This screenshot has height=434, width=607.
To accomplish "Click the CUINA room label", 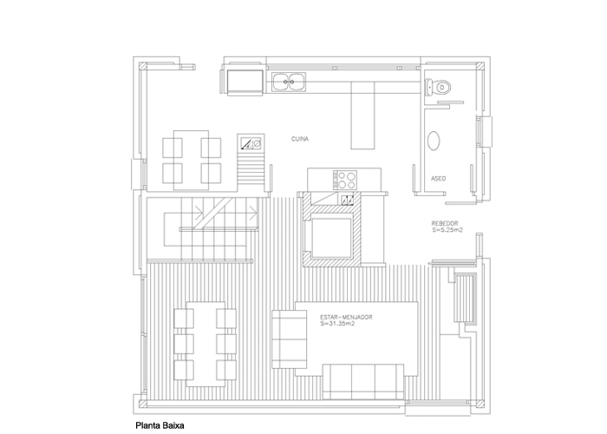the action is click(x=300, y=139).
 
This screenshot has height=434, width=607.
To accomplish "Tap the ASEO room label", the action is click(x=438, y=178).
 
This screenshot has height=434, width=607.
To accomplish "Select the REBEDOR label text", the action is click(x=445, y=223).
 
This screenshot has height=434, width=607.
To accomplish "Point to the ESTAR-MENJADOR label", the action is click(x=347, y=317).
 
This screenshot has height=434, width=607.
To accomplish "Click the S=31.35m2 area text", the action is click(x=337, y=323).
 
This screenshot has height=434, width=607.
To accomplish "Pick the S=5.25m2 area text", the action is click(x=447, y=229).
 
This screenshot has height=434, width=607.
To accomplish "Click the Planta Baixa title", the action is click(x=160, y=425).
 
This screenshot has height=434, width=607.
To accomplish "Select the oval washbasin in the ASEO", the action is click(x=434, y=141).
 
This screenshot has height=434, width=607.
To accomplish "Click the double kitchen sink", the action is click(x=289, y=82).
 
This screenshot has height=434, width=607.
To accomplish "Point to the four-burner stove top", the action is click(x=344, y=180).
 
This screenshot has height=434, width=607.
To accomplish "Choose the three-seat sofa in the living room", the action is click(x=363, y=382).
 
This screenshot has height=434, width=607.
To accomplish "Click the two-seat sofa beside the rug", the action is click(x=289, y=339).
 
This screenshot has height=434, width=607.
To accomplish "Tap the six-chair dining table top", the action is click(x=206, y=344).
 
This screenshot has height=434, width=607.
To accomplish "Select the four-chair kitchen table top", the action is click(x=191, y=161).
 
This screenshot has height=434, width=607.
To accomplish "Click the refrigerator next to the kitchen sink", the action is click(x=245, y=82).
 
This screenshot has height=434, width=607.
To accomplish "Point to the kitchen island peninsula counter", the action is click(x=362, y=115).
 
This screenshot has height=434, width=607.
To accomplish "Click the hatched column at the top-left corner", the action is click(x=143, y=66).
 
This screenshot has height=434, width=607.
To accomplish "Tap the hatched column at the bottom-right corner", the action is click(x=480, y=404).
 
